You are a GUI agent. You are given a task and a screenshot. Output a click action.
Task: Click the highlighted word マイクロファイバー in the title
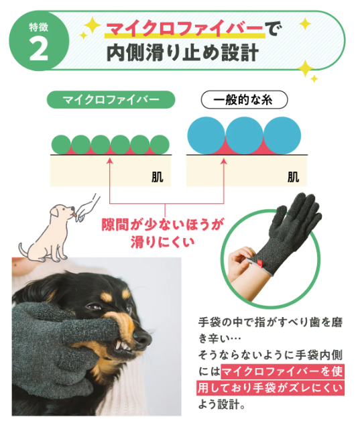point(184,29)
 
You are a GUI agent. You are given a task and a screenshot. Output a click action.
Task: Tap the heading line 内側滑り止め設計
point(182,54)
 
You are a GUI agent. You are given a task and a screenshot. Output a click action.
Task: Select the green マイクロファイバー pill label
point(111,100)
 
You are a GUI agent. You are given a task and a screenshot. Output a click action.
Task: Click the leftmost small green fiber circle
point(62,144)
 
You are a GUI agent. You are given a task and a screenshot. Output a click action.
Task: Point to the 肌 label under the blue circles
point(293,178)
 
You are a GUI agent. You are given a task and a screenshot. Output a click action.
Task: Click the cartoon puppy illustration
point(50,228)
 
